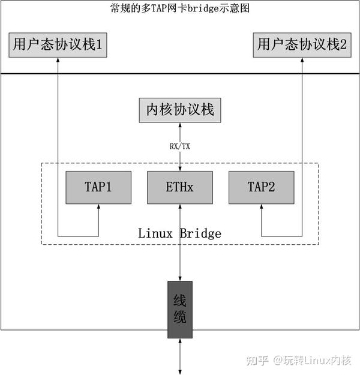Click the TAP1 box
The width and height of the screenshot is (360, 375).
pos(98,187)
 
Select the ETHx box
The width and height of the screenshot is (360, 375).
pos(180,187)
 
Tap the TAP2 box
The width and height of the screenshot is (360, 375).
pos(262,187)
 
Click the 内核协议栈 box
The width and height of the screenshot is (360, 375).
pos(180,110)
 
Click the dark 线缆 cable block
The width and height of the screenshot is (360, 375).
pos(180,309)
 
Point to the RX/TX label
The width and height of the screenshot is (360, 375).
pos(180,145)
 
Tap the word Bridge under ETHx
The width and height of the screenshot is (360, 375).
pos(200,233)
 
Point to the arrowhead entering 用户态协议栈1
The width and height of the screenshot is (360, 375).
pos(58,61)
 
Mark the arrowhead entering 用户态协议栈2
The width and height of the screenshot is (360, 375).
pos(302,61)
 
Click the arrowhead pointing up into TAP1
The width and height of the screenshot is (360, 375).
pos(98,207)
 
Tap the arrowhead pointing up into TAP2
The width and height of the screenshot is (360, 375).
pos(262,207)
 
